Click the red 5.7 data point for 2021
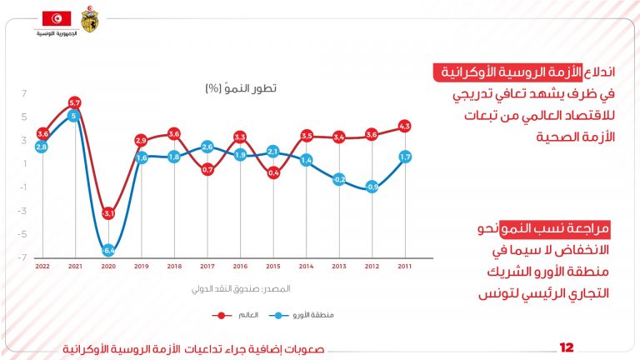tap(75, 103)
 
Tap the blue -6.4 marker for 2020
tap(108, 249)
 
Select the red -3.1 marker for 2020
tap(108, 213)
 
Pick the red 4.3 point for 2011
tap(405, 127)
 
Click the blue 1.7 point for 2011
tap(405, 156)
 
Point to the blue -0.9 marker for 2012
tap(372, 187)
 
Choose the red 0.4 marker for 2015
tap(273, 172)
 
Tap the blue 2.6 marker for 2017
tap(207, 147)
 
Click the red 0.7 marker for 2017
tap(207, 170)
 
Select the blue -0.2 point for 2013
tap(339, 179)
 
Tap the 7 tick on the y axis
tap(25, 92)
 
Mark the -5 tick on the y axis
tap(24, 233)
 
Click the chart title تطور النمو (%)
tap(241, 87)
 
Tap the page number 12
tap(567, 347)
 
